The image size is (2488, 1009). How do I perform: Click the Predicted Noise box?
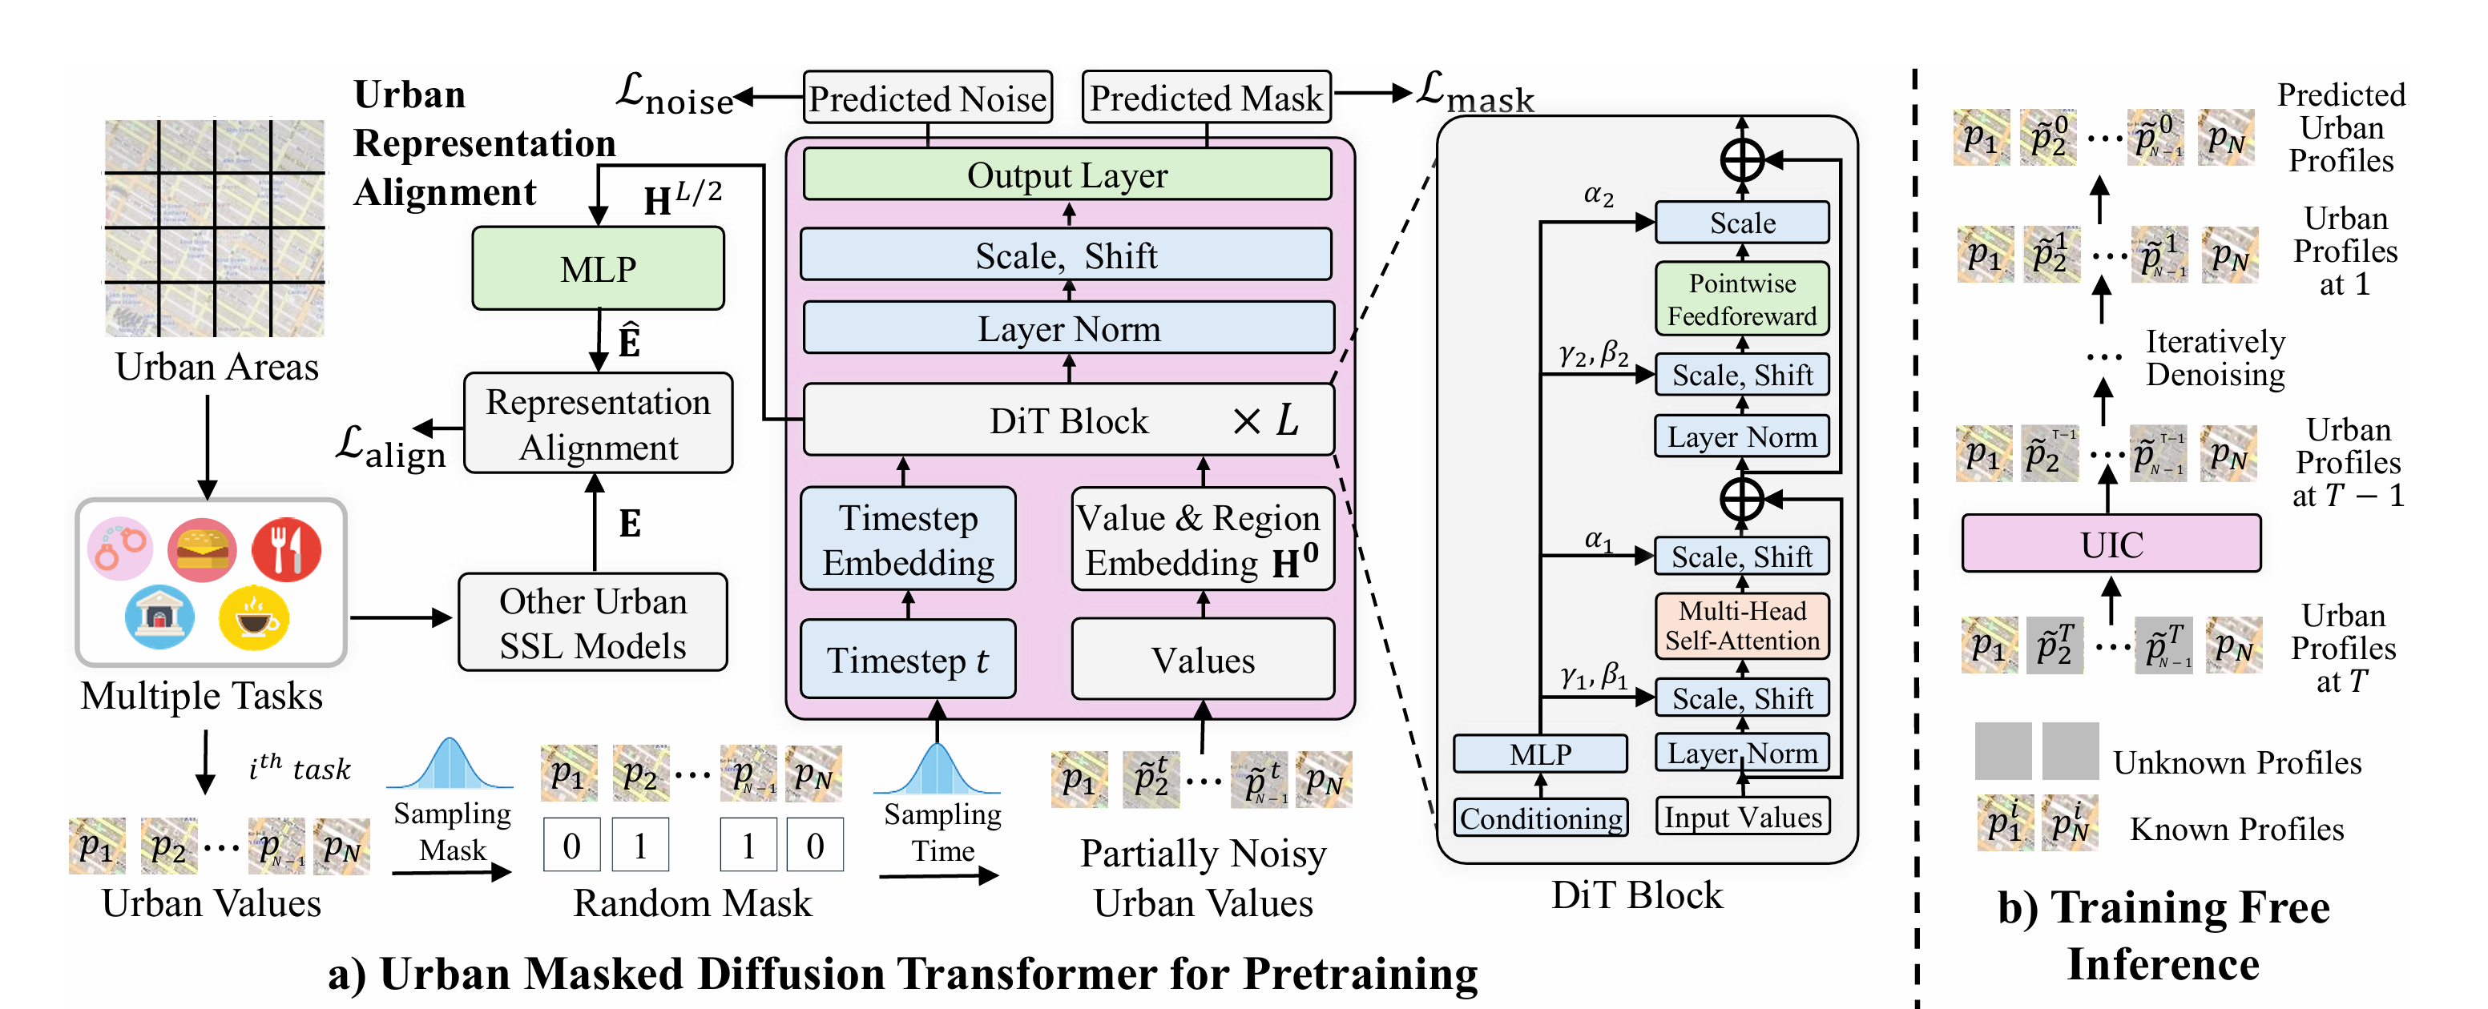927,98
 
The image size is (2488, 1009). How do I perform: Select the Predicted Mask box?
1206,98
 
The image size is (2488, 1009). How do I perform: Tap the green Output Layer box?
1067,175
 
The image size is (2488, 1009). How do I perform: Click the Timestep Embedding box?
908,539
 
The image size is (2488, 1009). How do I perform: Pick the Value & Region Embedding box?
1203,539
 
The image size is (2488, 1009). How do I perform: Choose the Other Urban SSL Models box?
593,623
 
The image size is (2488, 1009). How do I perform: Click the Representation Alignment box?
598,424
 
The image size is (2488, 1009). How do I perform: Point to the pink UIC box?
2111,544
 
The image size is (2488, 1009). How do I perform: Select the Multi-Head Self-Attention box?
1741,625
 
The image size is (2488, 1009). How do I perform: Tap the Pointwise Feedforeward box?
1741,299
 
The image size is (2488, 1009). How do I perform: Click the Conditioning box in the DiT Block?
1541,818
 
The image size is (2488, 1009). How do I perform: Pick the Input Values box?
1742,817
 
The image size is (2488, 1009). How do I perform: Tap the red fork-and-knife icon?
286,549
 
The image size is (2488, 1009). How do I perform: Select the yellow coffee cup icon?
253,618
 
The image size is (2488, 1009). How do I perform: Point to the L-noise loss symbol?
674,95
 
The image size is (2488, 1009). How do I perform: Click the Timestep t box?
908,661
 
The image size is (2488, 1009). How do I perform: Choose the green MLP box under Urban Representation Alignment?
598,268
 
